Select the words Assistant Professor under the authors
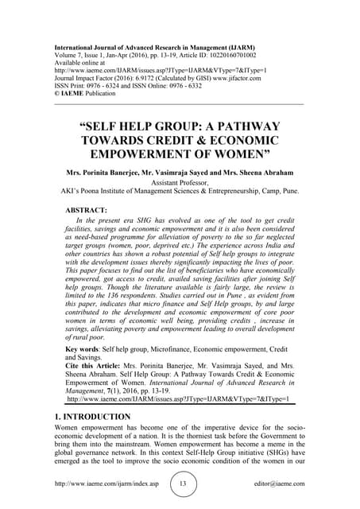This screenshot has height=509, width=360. [179, 181]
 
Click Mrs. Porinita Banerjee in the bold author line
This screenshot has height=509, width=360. [98, 172]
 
